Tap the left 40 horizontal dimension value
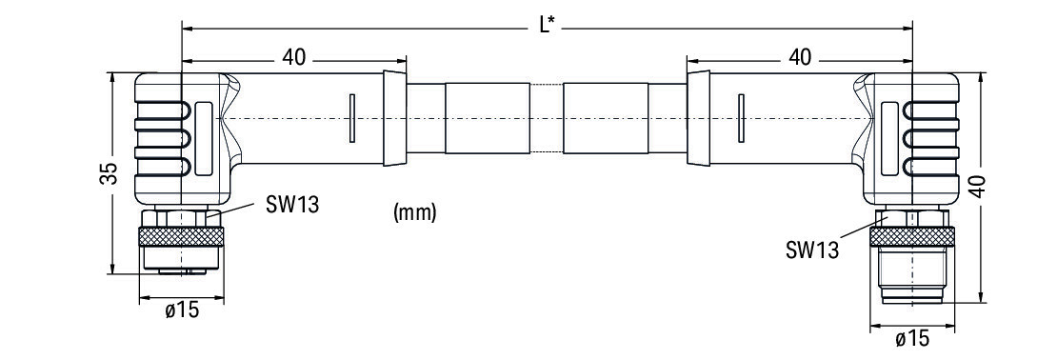click(293, 57)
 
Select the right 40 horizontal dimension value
click(800, 57)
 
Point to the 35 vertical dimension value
click(112, 173)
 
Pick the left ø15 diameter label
click(182, 310)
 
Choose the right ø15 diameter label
click(912, 338)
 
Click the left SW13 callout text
click(291, 204)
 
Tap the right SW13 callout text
click(812, 250)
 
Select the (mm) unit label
click(414, 213)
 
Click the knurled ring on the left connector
click(181, 236)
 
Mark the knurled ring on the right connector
click(912, 236)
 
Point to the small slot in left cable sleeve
click(352, 119)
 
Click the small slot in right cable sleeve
click(742, 119)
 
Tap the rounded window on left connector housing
click(204, 140)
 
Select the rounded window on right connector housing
click(889, 140)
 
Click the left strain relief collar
click(395, 118)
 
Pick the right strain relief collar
click(698, 118)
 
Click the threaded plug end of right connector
click(912, 275)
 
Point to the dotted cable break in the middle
click(546, 119)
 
